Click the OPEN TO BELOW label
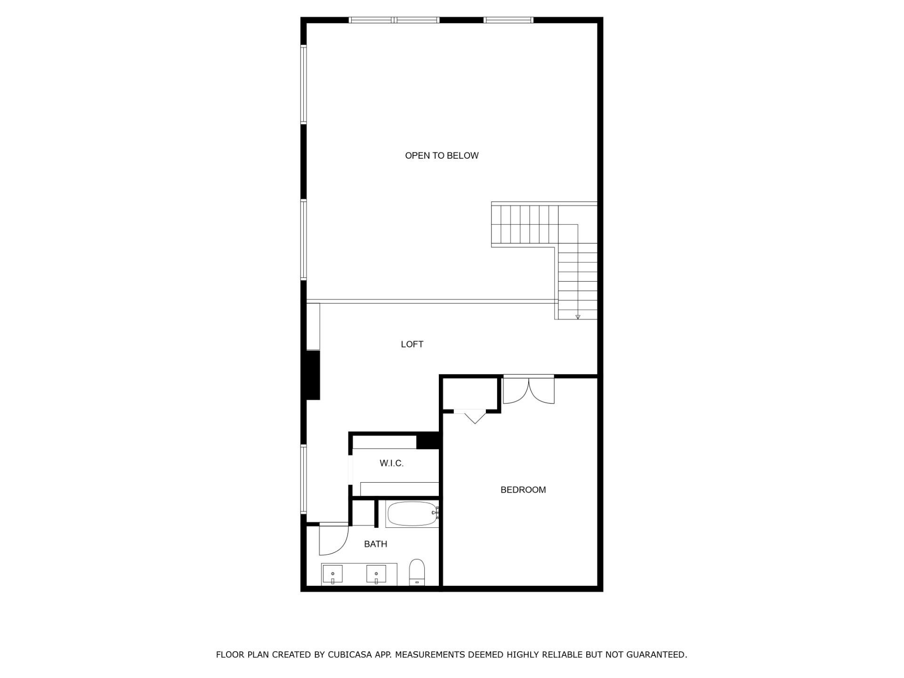pyautogui.click(x=442, y=156)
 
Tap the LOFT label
pyautogui.click(x=412, y=344)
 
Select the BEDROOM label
pyautogui.click(x=523, y=490)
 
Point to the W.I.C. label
pyautogui.click(x=392, y=463)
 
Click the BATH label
pyautogui.click(x=376, y=544)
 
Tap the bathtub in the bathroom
pyautogui.click(x=412, y=514)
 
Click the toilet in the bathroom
pyautogui.click(x=417, y=572)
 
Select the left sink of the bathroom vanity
pyautogui.click(x=333, y=574)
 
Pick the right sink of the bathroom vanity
pyautogui.click(x=376, y=574)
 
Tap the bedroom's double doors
pyautogui.click(x=529, y=391)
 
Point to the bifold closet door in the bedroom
pyautogui.click(x=475, y=416)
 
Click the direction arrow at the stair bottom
pyautogui.click(x=578, y=317)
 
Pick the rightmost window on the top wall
pyautogui.click(x=508, y=20)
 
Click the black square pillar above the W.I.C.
pyautogui.click(x=428, y=441)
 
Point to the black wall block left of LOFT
pyautogui.click(x=313, y=375)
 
